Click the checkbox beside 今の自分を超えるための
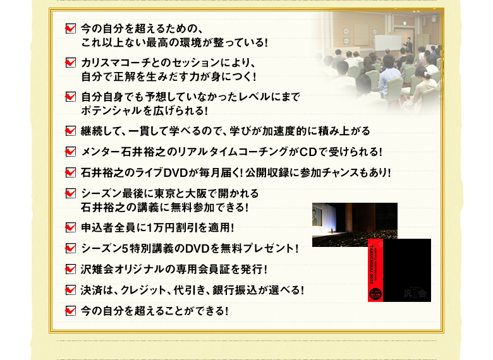70,28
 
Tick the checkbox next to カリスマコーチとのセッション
70,63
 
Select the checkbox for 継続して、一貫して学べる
70,131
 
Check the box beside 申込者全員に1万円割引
70,227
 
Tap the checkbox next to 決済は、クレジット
70,291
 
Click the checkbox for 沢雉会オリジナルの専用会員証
70,270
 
